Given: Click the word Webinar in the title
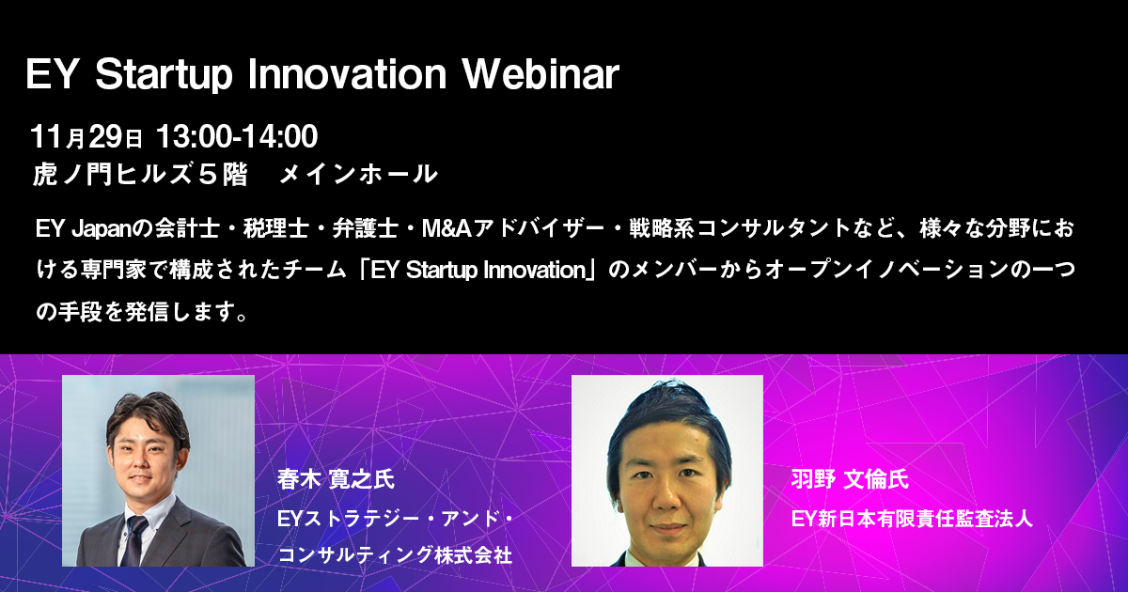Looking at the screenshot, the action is pos(540,74).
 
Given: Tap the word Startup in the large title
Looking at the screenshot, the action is pos(164,76).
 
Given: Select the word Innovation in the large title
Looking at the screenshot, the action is pos(348,74).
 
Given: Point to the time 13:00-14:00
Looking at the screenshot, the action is pos(237,136).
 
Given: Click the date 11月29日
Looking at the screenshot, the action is pos(86,136).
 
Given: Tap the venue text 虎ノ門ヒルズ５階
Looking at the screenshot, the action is pos(140,174).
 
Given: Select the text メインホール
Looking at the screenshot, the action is pos(358,174).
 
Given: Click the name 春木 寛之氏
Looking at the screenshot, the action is pos(336,478).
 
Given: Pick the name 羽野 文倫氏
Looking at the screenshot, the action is pos(850,478).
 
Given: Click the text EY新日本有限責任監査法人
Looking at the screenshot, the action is pos(912,519).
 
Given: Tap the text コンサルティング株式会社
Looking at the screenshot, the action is pos(395,554).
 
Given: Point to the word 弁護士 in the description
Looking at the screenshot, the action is pos(365,228).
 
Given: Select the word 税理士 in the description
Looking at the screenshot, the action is pos(276,228).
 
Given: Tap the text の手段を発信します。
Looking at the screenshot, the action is pos(143,312).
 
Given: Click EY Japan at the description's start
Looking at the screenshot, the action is pos(84,229).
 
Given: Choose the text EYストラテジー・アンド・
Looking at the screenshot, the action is pos(395,519).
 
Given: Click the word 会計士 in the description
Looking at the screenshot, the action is pos(187,228).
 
